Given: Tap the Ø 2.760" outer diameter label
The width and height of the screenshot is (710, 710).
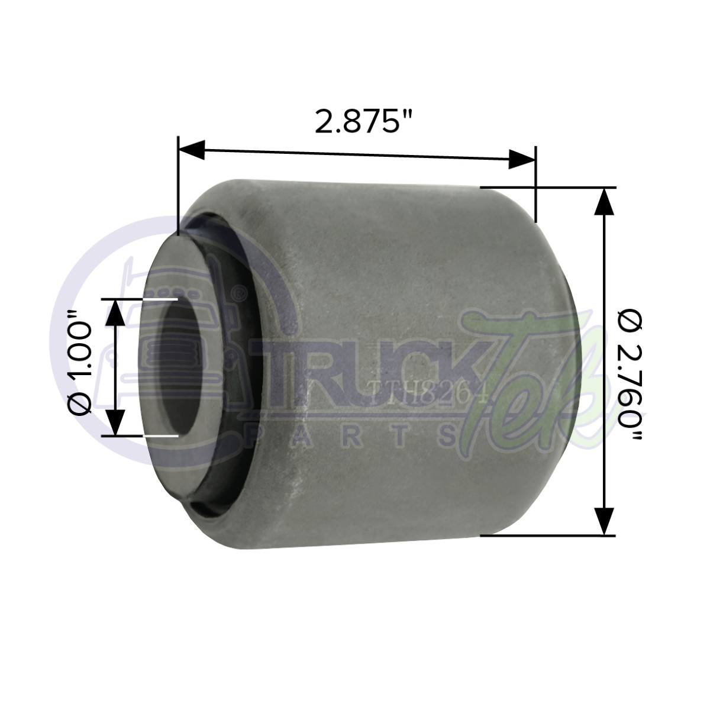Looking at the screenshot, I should coord(631,367).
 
